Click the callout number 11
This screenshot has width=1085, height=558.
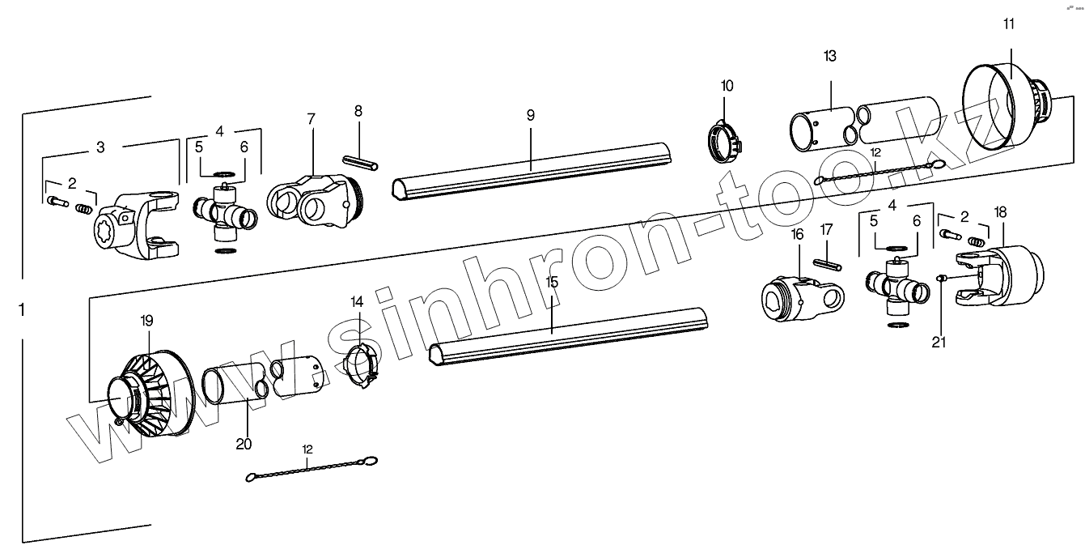coord(1008,23)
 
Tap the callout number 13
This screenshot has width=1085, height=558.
coord(830,56)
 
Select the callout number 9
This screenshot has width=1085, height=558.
coord(531,115)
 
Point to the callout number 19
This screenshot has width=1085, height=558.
coord(146,320)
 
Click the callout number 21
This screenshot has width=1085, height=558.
coord(939,342)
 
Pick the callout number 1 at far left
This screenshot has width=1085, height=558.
coord(22,309)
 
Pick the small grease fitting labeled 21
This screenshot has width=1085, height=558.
coord(942,279)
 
